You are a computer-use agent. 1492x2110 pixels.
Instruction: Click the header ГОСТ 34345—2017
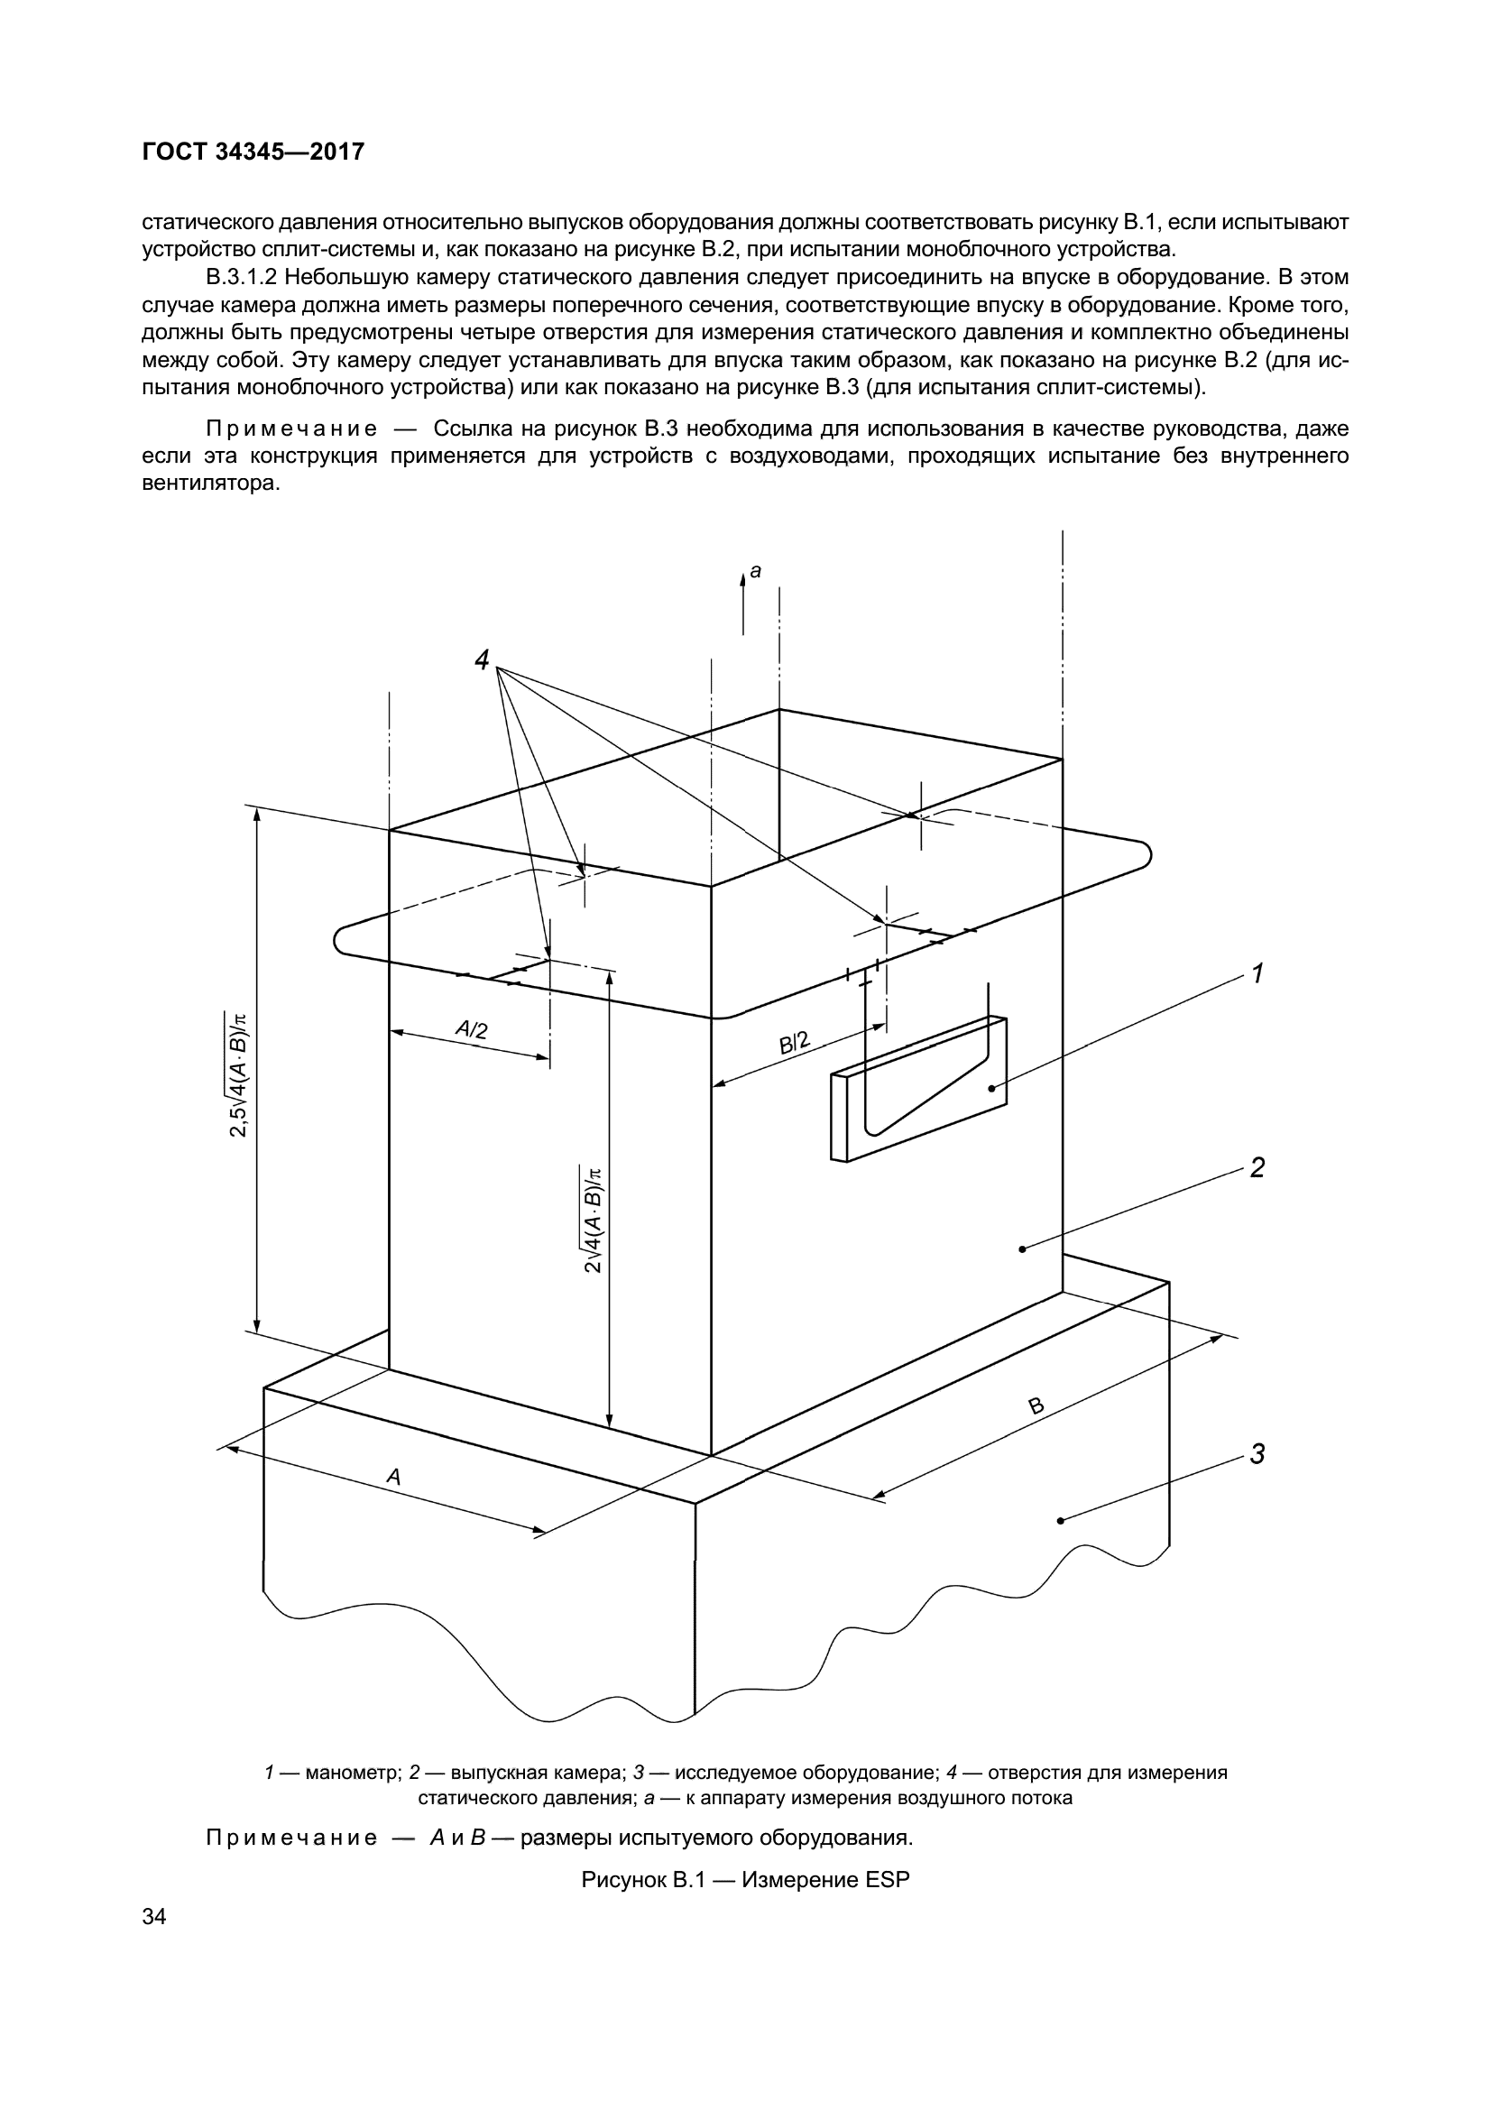coord(253,152)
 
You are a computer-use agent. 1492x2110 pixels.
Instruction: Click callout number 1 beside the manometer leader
coord(1257,973)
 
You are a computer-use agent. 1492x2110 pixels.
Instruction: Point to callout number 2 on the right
coord(1257,1167)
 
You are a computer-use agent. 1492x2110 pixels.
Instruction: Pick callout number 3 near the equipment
coord(1257,1455)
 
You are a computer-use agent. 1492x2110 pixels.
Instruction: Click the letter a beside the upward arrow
coord(755,572)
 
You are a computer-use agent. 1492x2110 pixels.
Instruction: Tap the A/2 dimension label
coord(471,1030)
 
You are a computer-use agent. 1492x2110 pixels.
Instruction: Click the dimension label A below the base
coord(393,1477)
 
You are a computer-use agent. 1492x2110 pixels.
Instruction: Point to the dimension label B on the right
coord(1036,1406)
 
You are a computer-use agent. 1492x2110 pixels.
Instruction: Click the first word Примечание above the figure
coord(291,429)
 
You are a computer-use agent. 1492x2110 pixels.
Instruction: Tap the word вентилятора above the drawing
coord(210,483)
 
